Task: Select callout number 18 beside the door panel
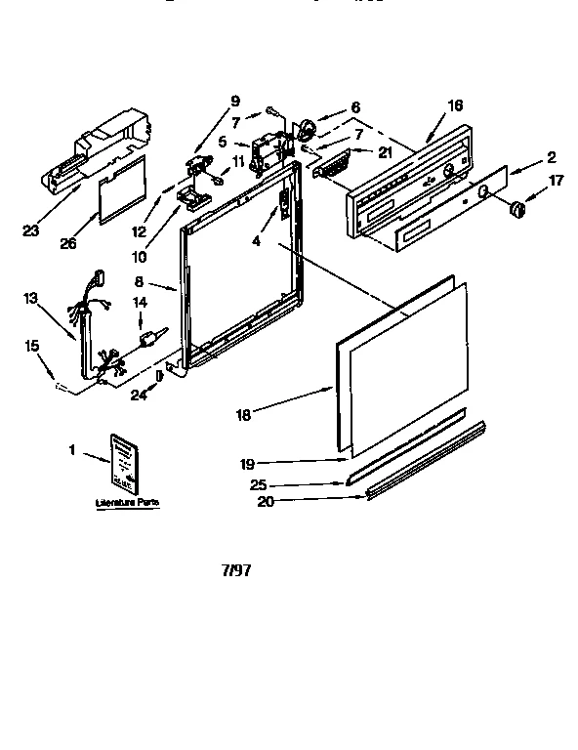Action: (244, 415)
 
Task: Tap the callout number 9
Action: (234, 99)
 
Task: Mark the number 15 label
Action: (33, 346)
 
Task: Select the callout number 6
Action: (355, 106)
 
